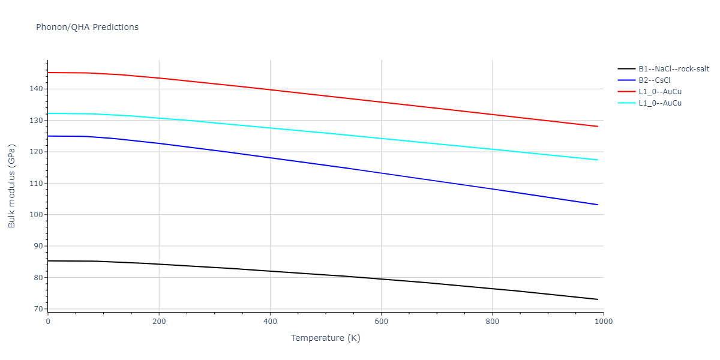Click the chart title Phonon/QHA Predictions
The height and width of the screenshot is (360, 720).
pos(87,27)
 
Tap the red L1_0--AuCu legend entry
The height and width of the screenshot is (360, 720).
pos(659,92)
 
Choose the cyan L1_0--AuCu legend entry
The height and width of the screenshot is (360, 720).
pos(659,103)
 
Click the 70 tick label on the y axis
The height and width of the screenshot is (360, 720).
pos(39,309)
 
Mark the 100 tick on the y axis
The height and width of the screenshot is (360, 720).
pos(37,215)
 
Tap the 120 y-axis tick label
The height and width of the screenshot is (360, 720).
pos(37,152)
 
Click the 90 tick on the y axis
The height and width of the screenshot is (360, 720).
pos(39,246)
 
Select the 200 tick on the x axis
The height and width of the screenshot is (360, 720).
pos(159,322)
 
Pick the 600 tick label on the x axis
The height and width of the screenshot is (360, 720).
pos(381,322)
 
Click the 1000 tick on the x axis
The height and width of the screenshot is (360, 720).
pos(604,322)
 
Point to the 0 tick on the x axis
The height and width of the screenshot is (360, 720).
pos(48,322)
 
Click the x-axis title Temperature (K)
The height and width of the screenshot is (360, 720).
pos(325,338)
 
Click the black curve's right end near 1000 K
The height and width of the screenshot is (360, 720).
pos(598,299)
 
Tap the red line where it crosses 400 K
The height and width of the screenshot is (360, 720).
pos(270,89)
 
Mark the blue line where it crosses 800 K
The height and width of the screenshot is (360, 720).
pos(492,189)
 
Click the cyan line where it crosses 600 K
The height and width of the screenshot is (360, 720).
pos(381,139)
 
